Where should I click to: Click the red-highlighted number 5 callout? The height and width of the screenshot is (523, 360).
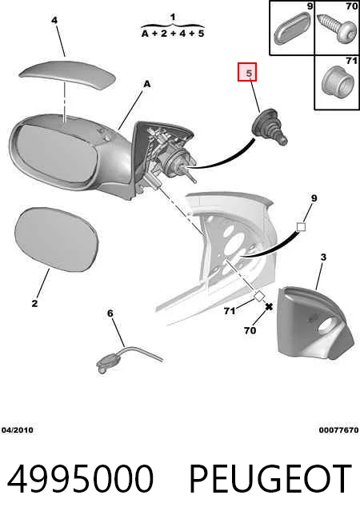point(247,72)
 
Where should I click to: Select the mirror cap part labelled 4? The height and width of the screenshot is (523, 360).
point(67,75)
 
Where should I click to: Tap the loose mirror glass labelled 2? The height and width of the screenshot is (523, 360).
point(57,239)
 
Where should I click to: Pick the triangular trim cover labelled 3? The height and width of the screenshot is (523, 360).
point(314,322)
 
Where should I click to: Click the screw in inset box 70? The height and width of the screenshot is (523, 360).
point(337,28)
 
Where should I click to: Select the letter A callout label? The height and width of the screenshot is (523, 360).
point(147,85)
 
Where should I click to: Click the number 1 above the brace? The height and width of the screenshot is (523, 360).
point(173,17)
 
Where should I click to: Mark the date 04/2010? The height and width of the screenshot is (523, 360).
point(18,430)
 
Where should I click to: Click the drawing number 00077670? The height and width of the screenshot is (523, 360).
point(338,430)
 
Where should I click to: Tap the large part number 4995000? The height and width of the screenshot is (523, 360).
point(81,479)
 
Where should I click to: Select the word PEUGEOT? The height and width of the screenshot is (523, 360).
point(270,479)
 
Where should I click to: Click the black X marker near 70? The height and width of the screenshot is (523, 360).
point(269,306)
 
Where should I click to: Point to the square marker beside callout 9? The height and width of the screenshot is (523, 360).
point(301,227)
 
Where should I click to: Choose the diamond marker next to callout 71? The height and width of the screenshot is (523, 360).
point(259,296)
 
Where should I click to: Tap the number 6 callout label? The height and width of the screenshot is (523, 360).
point(110,313)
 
